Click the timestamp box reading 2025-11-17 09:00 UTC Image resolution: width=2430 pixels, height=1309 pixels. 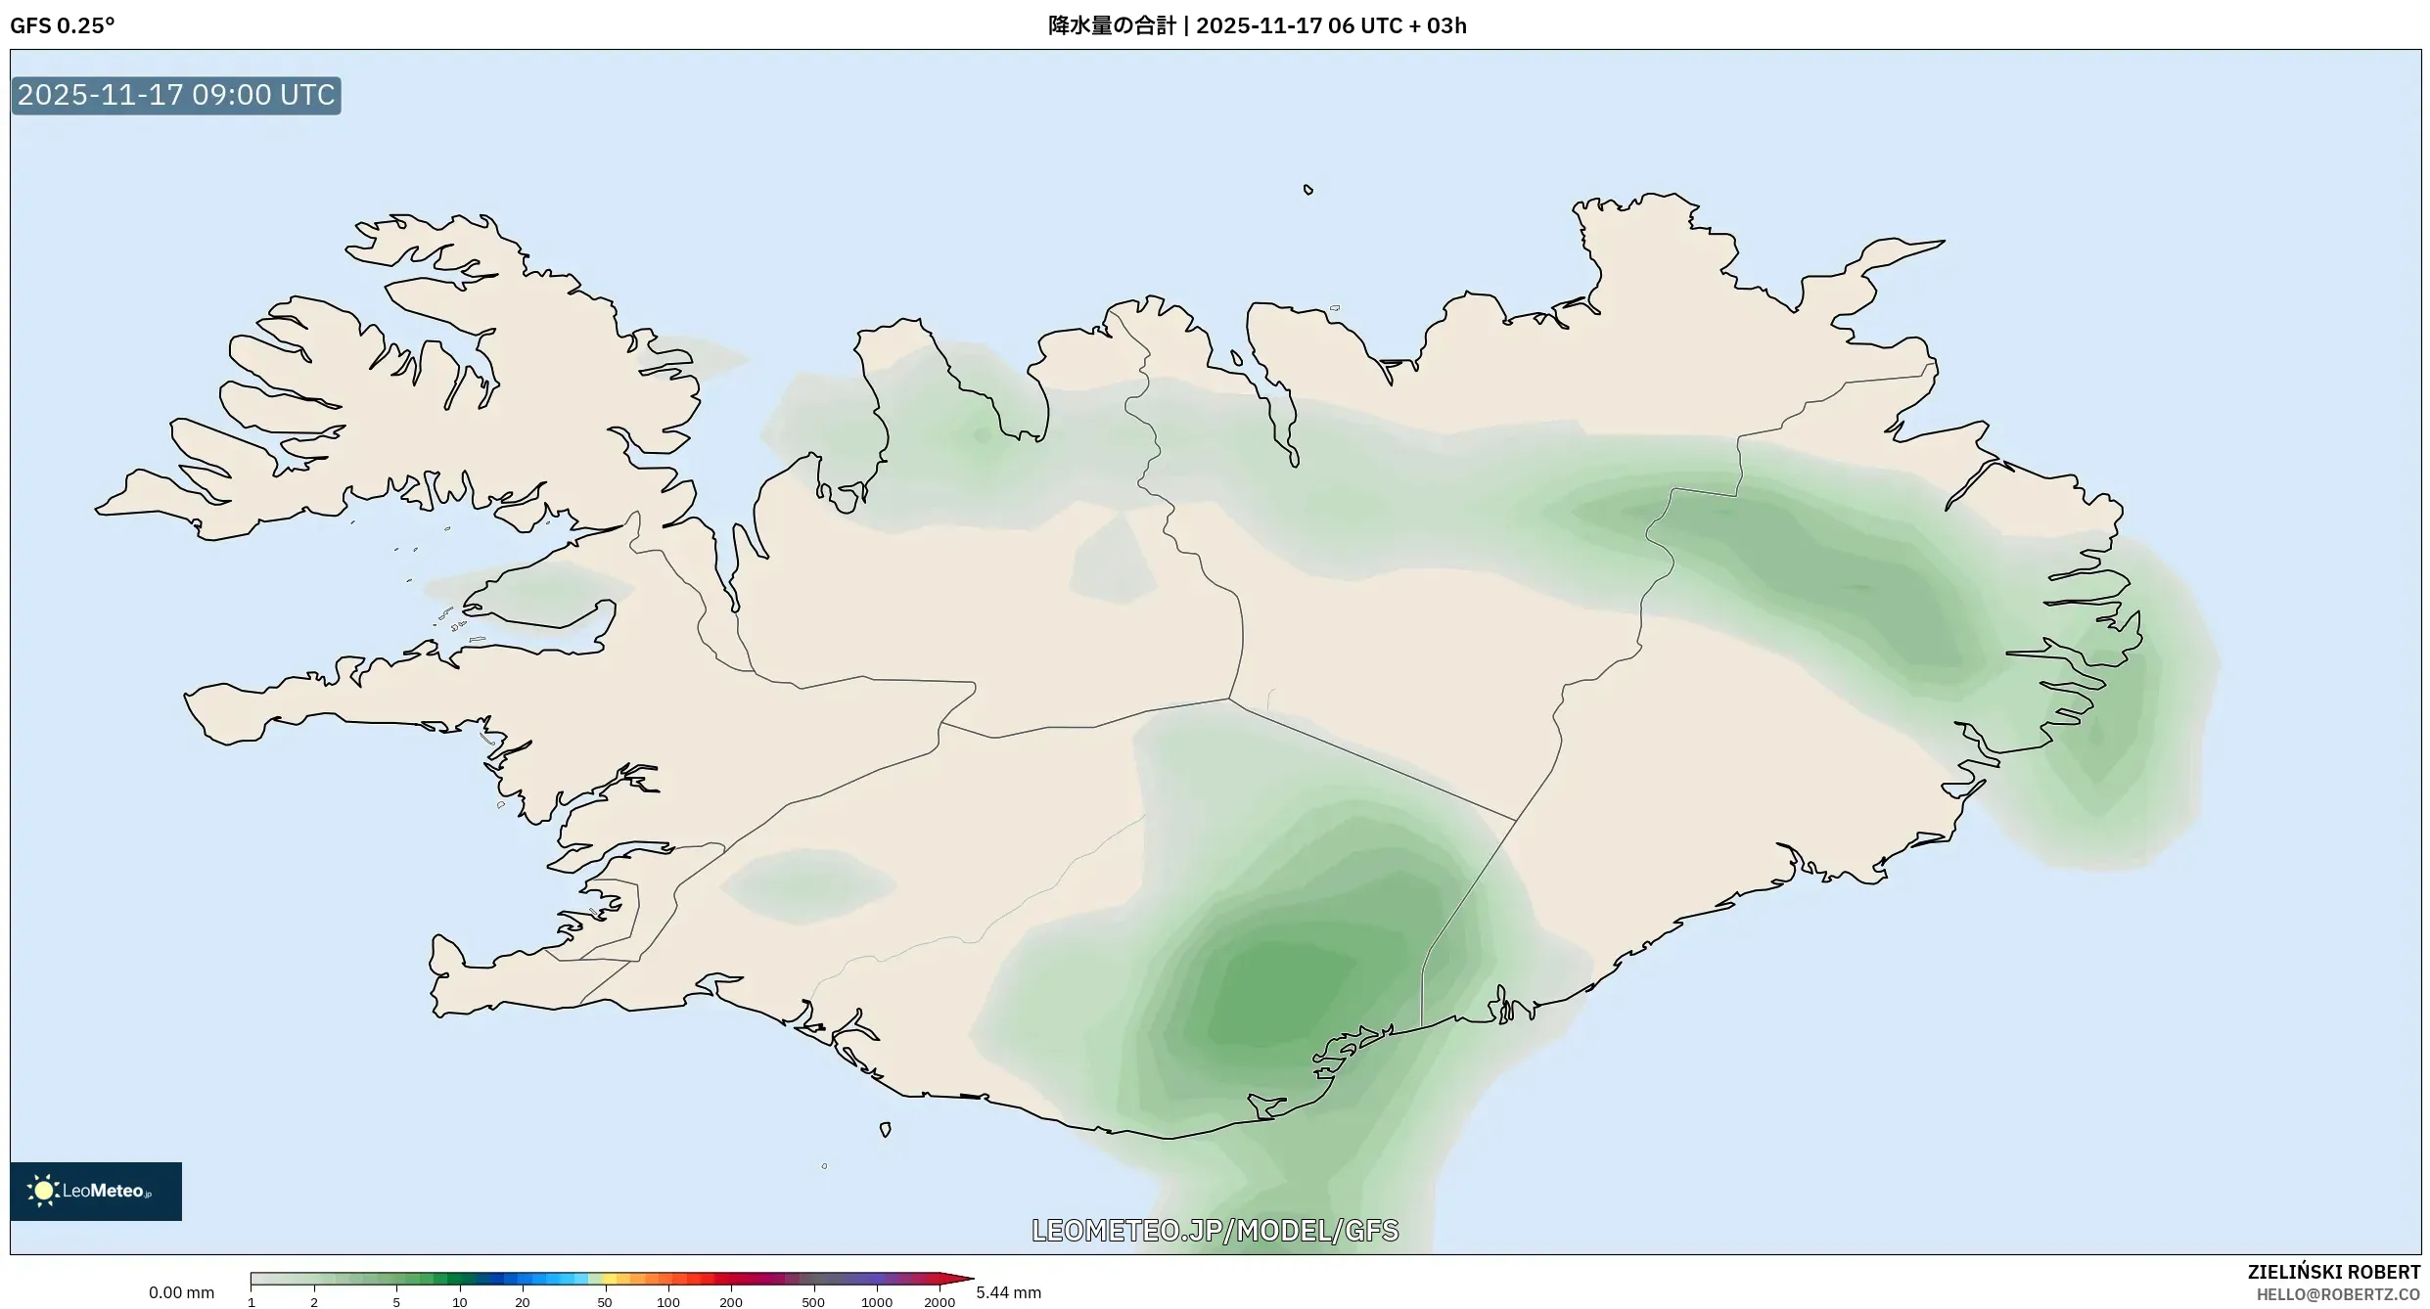(x=176, y=95)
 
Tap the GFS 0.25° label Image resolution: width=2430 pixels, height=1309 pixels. (x=62, y=25)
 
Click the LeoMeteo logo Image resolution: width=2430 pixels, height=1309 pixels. (x=95, y=1191)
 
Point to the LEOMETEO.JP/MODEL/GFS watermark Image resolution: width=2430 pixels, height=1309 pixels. (x=1215, y=1230)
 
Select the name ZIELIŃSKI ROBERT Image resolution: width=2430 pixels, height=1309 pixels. (x=2333, y=1272)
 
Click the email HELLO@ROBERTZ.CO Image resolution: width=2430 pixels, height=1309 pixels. (x=2338, y=1294)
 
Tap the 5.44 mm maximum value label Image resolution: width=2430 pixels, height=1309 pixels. (x=1008, y=1292)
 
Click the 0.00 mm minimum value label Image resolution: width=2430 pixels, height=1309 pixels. (x=181, y=1292)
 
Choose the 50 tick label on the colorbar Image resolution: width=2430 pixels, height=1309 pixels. (x=604, y=1302)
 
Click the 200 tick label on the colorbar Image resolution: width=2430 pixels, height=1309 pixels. (x=730, y=1302)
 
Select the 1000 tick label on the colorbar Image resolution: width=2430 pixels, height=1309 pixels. (x=876, y=1302)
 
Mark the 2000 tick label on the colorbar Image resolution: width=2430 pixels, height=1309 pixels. (x=940, y=1302)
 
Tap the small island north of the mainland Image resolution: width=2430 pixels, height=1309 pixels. (x=1307, y=190)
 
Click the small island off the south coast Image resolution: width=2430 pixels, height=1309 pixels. (x=885, y=1129)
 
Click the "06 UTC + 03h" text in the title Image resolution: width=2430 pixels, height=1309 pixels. (x=1398, y=25)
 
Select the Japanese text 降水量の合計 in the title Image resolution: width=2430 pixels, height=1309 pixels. (x=1111, y=25)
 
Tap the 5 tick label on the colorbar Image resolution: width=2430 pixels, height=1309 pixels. (x=396, y=1302)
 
